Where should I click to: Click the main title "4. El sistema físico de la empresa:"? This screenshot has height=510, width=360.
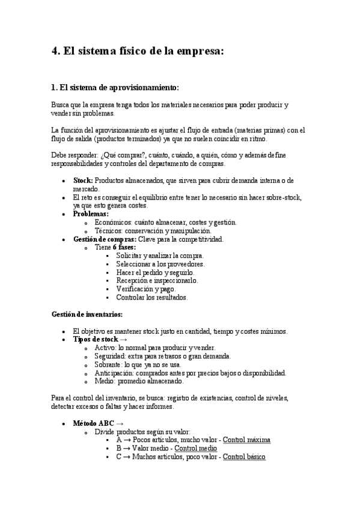[138, 51]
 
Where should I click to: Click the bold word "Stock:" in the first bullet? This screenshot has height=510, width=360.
[83, 180]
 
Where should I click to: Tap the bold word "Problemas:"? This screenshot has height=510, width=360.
[91, 214]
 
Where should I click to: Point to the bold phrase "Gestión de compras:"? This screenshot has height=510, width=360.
[98, 239]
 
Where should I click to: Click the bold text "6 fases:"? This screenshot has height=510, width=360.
[124, 247]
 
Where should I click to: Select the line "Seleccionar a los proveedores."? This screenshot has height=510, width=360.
[160, 264]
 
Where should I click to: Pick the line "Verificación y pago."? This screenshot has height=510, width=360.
[145, 289]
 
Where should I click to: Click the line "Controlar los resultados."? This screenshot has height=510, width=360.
[151, 297]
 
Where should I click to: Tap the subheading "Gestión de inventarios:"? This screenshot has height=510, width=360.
[87, 314]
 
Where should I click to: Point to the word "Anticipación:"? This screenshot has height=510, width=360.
[114, 373]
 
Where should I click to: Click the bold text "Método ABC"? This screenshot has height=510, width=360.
[93, 423]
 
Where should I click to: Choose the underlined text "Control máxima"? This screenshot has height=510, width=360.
[246, 440]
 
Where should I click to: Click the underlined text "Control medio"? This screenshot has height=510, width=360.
[195, 448]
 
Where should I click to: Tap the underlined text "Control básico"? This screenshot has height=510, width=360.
[244, 456]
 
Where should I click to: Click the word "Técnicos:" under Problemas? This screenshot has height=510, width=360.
[109, 230]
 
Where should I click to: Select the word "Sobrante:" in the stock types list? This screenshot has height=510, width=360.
[109, 364]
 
